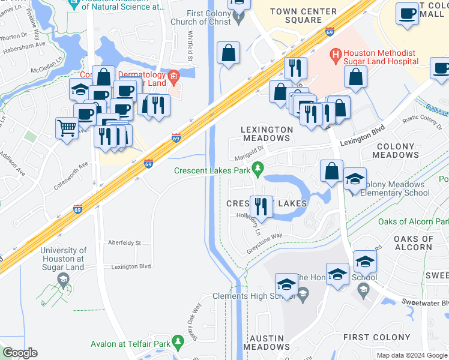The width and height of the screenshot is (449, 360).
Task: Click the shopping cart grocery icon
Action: pyautogui.click(x=67, y=128)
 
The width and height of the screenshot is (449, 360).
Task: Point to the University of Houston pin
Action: pyautogui.click(x=63, y=280)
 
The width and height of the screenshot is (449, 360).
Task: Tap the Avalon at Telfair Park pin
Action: pyautogui.click(x=176, y=341)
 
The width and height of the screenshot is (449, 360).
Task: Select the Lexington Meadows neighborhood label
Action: pyautogui.click(x=267, y=134)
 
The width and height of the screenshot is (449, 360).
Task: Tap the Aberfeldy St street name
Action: pyautogui.click(x=124, y=243)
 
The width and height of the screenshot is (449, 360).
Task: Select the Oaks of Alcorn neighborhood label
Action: pyautogui.click(x=413, y=243)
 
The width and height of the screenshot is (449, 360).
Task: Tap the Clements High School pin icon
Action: pyautogui.click(x=303, y=293)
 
